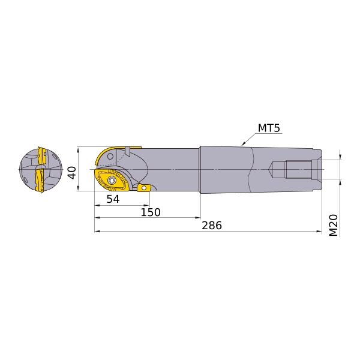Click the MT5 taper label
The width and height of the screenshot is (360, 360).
[269, 128]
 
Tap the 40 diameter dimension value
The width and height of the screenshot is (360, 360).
[73, 172]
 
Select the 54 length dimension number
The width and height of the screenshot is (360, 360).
[113, 199]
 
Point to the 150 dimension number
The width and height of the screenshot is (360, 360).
[151, 212]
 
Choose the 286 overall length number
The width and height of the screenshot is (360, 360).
[212, 226]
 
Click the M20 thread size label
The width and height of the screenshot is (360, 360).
[334, 226]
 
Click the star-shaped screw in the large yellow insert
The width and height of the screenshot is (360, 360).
[112, 180]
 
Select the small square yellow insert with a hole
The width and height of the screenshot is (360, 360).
[143, 188]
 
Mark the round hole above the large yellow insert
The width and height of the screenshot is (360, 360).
[110, 157]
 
